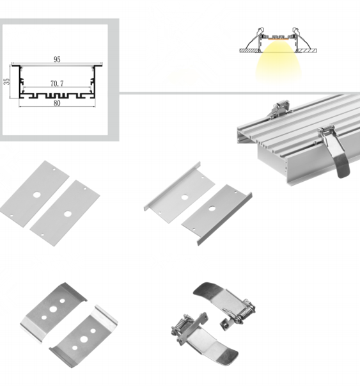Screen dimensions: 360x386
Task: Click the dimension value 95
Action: click(57, 60)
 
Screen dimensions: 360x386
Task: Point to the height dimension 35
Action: click(7, 81)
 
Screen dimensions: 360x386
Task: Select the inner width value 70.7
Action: click(57, 84)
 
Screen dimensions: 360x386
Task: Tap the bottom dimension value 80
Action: click(57, 103)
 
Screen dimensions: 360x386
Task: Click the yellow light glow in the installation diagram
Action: click(278, 63)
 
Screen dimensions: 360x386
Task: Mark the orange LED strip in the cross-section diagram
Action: click(278, 38)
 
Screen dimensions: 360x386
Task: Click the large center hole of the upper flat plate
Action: click(37, 195)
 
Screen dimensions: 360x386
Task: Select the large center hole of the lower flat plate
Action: click(68, 214)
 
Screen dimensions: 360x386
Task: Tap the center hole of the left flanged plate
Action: click(185, 197)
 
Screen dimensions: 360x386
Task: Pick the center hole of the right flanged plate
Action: click(212, 209)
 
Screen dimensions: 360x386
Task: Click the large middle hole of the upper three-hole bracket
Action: click(53, 309)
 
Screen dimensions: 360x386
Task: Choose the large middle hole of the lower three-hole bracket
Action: click(84, 339)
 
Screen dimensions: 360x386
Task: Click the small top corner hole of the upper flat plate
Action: click(54, 170)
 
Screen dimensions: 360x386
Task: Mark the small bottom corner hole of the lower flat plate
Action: click(42, 234)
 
